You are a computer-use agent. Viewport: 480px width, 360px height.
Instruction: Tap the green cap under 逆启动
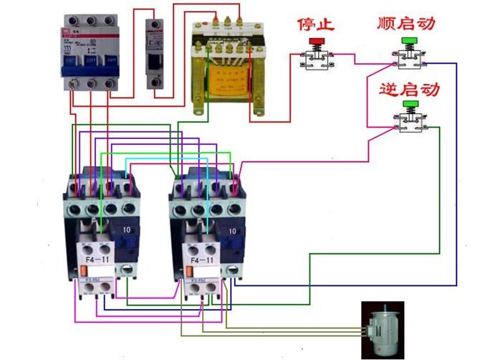[411, 106]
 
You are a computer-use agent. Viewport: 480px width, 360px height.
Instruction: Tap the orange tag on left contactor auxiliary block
[84, 270]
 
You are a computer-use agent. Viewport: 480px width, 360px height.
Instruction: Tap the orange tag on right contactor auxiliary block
[191, 270]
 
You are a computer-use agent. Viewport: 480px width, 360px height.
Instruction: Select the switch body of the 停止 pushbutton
[316, 64]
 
